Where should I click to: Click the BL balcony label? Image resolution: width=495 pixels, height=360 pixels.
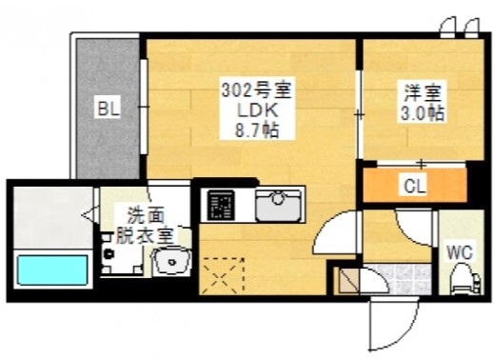point(107,109)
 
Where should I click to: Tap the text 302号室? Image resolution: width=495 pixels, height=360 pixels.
point(256,92)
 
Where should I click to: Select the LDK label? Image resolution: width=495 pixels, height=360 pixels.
point(256,111)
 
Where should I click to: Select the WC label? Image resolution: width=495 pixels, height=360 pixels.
point(460,252)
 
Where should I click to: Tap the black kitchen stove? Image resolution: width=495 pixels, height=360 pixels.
point(221,204)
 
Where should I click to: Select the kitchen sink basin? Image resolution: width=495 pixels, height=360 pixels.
point(279,201)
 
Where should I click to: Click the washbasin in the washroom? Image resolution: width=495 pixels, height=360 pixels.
point(172,261)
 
